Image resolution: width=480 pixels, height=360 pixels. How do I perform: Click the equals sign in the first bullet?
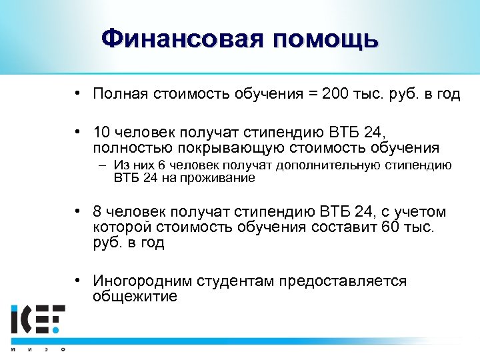pos(311,94)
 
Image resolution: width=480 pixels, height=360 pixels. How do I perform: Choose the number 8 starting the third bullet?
pos(98,213)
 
